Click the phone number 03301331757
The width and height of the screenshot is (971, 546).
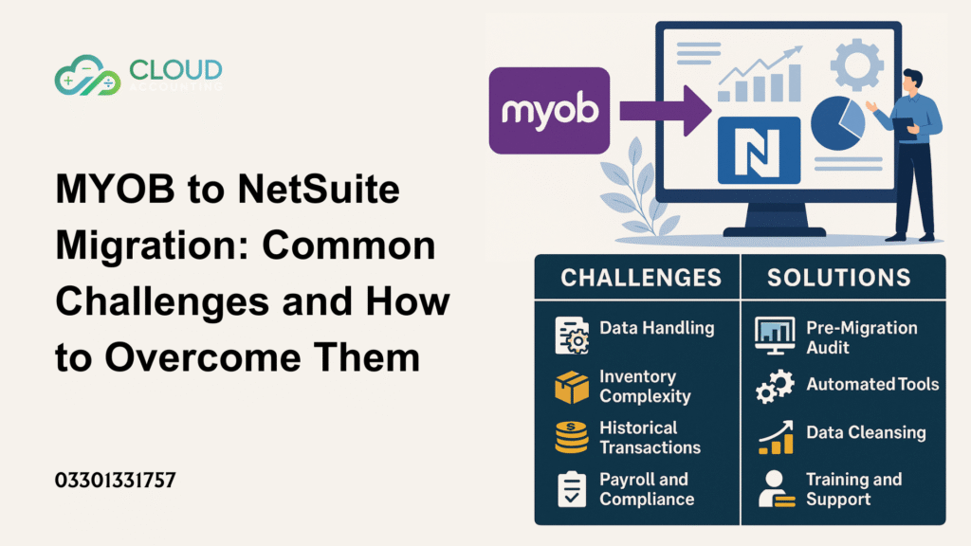tap(115, 481)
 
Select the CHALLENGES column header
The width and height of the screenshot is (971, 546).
tap(640, 278)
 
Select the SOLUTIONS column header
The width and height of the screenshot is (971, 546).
tap(838, 278)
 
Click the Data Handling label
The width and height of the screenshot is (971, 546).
tap(656, 328)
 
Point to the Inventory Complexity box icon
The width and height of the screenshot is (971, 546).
tap(571, 387)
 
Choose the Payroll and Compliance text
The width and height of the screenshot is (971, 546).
tap(646, 489)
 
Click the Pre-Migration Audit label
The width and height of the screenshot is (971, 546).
tap(861, 337)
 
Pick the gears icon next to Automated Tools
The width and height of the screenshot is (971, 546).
tap(775, 387)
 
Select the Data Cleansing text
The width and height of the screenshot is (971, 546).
tap(865, 432)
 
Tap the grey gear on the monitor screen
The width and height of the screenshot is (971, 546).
tap(857, 61)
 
